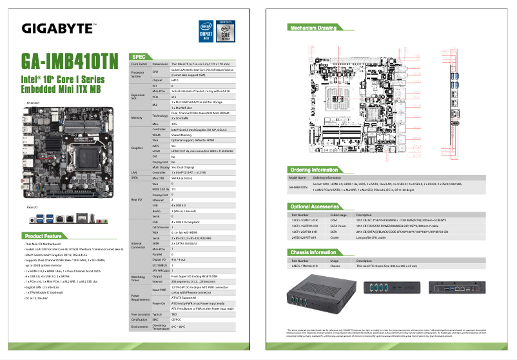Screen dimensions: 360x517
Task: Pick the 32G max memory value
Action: pos(174,123)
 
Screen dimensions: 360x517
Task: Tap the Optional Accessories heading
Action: pos(317,206)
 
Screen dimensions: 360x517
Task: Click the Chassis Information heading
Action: pos(315,252)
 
